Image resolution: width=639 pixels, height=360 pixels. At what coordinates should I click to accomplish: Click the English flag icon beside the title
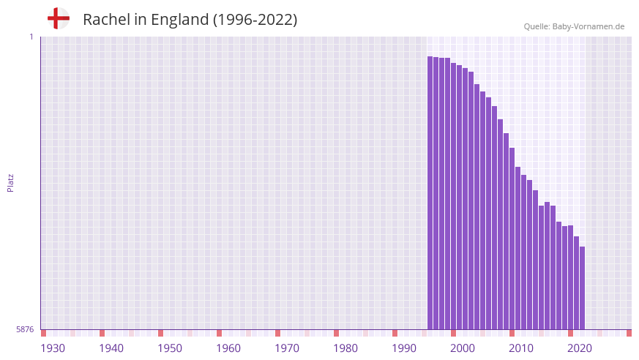click(59, 18)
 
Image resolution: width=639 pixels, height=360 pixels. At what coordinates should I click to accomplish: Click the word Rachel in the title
click(106, 20)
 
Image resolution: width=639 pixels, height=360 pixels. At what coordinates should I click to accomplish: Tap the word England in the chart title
click(179, 20)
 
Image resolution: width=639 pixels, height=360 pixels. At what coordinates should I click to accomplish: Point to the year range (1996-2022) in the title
click(255, 20)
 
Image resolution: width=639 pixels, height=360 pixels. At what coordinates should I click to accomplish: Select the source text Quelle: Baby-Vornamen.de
click(574, 26)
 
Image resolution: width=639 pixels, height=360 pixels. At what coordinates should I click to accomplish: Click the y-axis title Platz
click(10, 182)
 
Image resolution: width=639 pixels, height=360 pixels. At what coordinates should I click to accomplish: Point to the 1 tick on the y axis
click(31, 37)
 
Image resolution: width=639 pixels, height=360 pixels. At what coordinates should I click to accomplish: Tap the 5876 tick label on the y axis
click(25, 329)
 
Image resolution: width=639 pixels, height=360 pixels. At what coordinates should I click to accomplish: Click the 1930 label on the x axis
click(53, 348)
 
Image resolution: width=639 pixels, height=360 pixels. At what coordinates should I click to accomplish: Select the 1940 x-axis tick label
click(111, 348)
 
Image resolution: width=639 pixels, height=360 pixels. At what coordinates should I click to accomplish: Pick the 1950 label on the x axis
click(170, 348)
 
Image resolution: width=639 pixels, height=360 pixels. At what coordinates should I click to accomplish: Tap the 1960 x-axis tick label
click(228, 348)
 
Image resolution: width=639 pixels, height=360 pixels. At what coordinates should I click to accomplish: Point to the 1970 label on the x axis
click(287, 348)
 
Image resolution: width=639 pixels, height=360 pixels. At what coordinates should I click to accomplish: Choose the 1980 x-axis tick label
click(345, 348)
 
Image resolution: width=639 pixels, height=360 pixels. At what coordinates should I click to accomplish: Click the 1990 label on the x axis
click(404, 348)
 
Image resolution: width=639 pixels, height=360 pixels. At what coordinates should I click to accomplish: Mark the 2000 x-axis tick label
click(463, 348)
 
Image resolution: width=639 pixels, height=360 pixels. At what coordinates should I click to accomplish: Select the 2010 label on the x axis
click(521, 348)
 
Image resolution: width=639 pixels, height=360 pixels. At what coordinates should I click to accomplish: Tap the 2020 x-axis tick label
click(580, 348)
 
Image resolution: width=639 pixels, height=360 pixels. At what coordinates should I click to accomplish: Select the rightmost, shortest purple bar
click(582, 288)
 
